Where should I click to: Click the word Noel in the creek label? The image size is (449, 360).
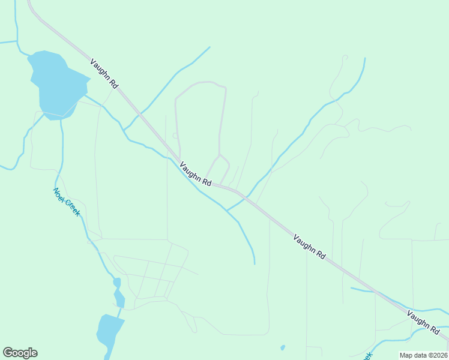click(58, 194)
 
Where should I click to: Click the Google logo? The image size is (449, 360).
click(20, 353)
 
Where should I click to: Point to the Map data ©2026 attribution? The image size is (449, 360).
click(424, 355)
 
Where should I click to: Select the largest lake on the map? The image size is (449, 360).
click(56, 84)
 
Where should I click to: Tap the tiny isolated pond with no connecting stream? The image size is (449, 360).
click(282, 347)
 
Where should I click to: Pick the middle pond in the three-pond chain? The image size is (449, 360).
click(119, 298)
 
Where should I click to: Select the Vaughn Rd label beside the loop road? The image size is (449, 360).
click(196, 173)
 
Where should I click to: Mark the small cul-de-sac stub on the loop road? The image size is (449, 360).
click(174, 135)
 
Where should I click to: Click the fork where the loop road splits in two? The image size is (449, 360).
click(220, 155)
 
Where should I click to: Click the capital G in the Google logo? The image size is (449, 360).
click(7, 353)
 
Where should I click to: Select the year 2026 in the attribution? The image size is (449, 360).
click(441, 355)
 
